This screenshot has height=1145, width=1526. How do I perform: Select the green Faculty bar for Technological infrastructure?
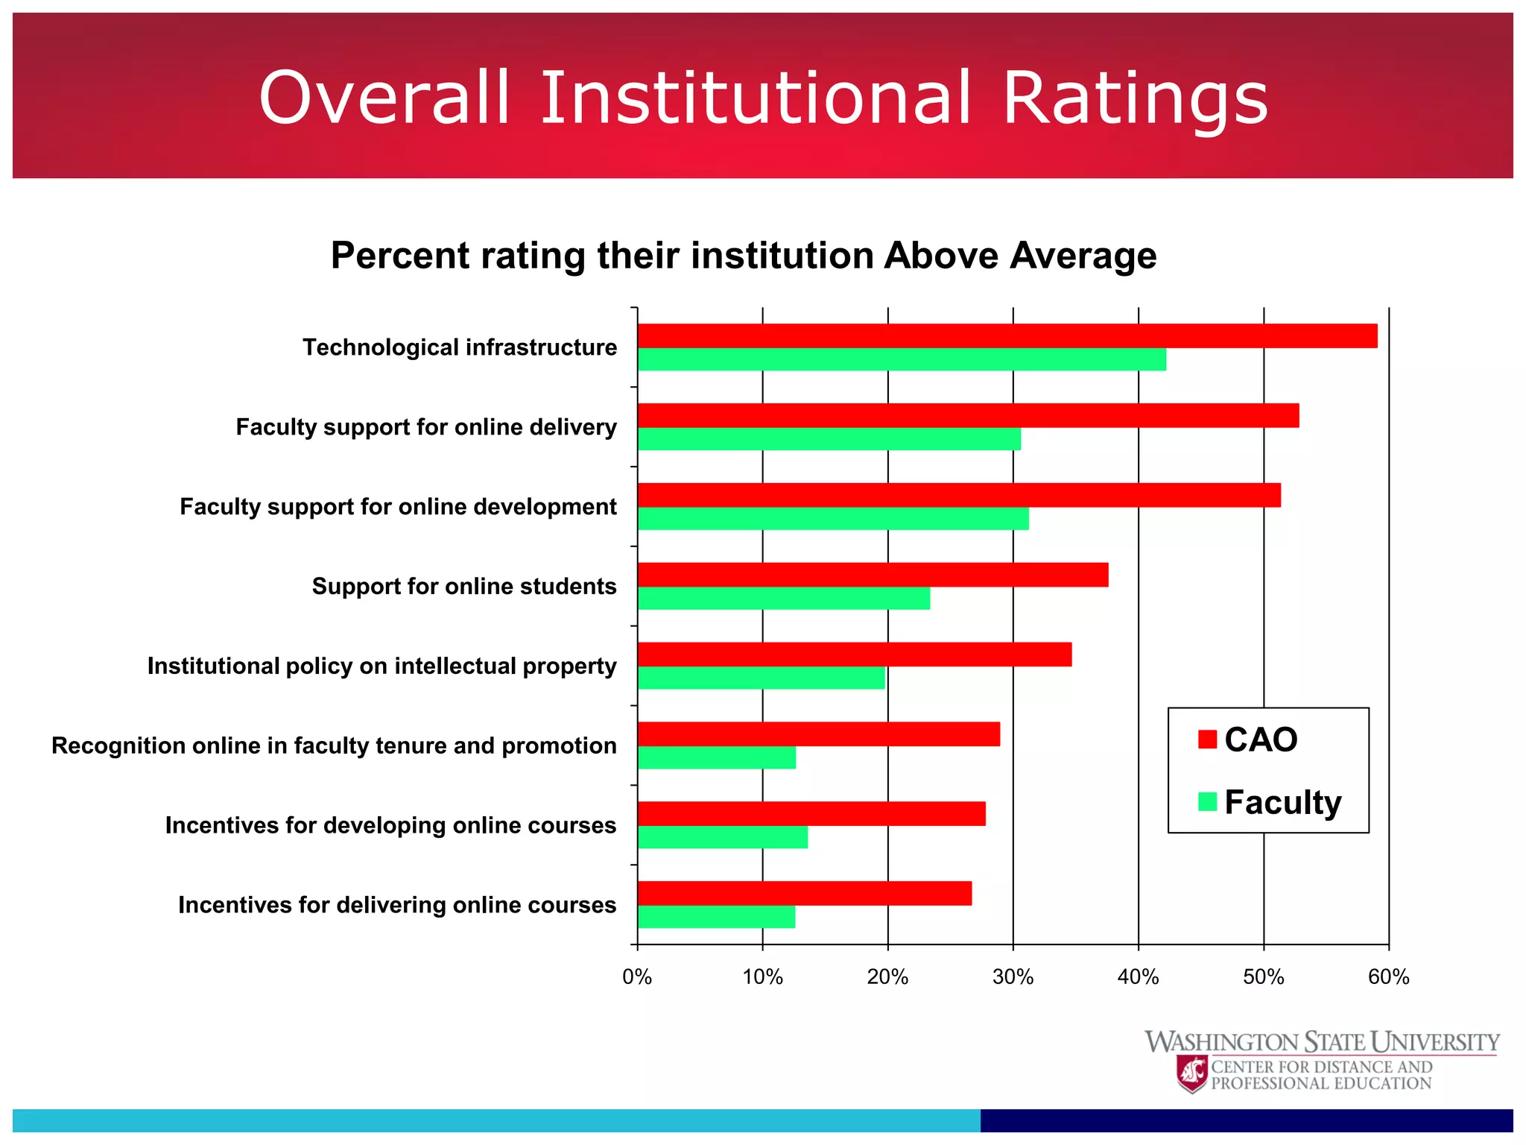pyautogui.click(x=902, y=359)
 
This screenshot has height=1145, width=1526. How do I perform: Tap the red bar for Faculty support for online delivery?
pyautogui.click(x=968, y=415)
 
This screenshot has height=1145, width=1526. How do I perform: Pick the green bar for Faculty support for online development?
pyautogui.click(x=833, y=519)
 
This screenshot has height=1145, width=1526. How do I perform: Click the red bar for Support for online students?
pyautogui.click(x=873, y=575)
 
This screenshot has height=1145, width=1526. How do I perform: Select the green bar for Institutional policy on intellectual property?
pyautogui.click(x=761, y=678)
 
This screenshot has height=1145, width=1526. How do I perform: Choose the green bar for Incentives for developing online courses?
pyautogui.click(x=722, y=837)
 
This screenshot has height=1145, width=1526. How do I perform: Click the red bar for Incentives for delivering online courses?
pyautogui.click(x=804, y=893)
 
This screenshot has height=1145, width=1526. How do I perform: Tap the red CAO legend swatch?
pyautogui.click(x=1207, y=739)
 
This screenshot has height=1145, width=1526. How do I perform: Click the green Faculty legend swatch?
pyautogui.click(x=1207, y=801)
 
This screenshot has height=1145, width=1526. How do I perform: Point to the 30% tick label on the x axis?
pyautogui.click(x=1013, y=977)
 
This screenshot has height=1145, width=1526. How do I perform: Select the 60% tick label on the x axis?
pyautogui.click(x=1388, y=977)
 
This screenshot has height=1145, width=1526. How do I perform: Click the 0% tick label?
pyautogui.click(x=637, y=977)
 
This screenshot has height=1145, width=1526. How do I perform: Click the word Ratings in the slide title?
pyautogui.click(x=1135, y=99)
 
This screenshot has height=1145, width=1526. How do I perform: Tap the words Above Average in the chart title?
pyautogui.click(x=1020, y=256)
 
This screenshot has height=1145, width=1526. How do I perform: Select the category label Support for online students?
pyautogui.click(x=463, y=587)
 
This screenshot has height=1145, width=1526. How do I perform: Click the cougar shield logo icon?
pyautogui.click(x=1192, y=1074)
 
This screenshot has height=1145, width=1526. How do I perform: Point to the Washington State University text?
pyautogui.click(x=1321, y=1041)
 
